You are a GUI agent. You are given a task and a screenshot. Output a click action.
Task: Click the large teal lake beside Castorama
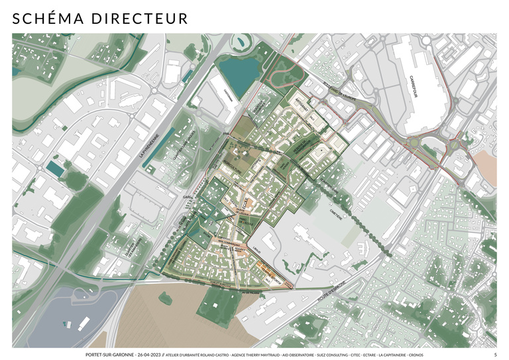pos(238,76)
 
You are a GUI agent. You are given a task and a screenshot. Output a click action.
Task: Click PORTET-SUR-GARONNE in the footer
pos(108,355)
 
